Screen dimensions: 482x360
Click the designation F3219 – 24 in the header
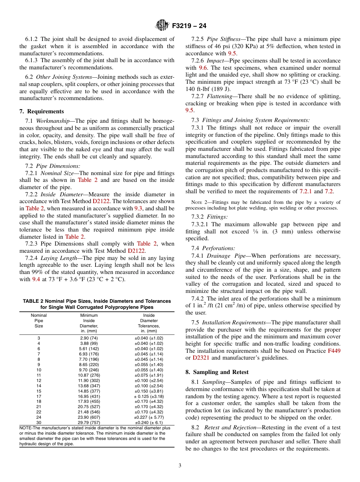pyautogui.click(x=189, y=26)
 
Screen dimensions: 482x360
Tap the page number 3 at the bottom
pyautogui.click(x=180, y=465)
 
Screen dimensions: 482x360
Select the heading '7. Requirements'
pyautogui.click(x=42, y=111)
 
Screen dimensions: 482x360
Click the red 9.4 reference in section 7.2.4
pyautogui.click(x=36, y=279)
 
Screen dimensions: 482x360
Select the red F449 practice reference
pyautogui.click(x=334, y=351)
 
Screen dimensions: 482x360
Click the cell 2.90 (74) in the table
pyautogui.click(x=89, y=338)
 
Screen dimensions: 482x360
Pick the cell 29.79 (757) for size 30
pyautogui.click(x=89, y=423)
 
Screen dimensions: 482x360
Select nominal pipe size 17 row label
pyautogui.click(x=39, y=396)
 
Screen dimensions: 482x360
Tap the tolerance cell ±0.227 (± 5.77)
pyautogui.click(x=149, y=417)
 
